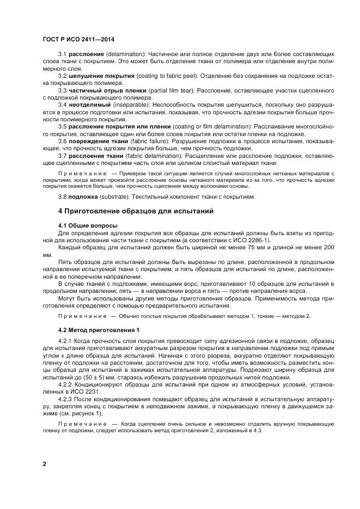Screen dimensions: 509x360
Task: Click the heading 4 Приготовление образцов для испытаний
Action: (136, 210)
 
